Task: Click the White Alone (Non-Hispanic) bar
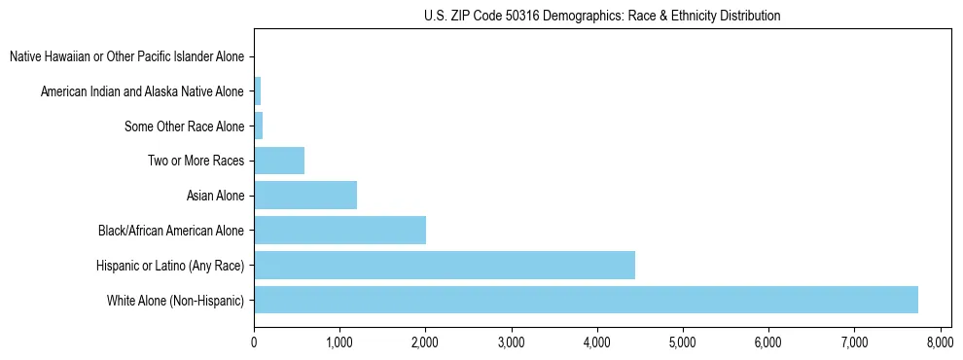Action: click(586, 300)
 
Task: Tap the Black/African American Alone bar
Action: click(339, 231)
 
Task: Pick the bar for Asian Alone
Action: click(305, 196)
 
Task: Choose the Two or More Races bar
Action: click(279, 161)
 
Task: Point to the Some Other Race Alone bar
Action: click(259, 126)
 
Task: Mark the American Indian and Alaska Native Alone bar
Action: click(258, 92)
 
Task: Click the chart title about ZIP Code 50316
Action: click(602, 16)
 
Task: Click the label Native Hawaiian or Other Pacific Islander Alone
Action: click(126, 57)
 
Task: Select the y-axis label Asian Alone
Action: click(215, 197)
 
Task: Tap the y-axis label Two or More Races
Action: click(196, 162)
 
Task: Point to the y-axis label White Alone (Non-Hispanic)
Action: click(176, 301)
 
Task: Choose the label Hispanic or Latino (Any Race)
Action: click(170, 266)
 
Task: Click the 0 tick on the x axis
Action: click(254, 342)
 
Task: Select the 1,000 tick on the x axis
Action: click(339, 342)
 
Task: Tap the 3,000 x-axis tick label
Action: click(511, 342)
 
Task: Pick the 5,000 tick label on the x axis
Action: click(682, 342)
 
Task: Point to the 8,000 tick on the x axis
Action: click(940, 342)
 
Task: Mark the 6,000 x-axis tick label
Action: click(768, 342)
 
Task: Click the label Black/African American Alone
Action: click(171, 232)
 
